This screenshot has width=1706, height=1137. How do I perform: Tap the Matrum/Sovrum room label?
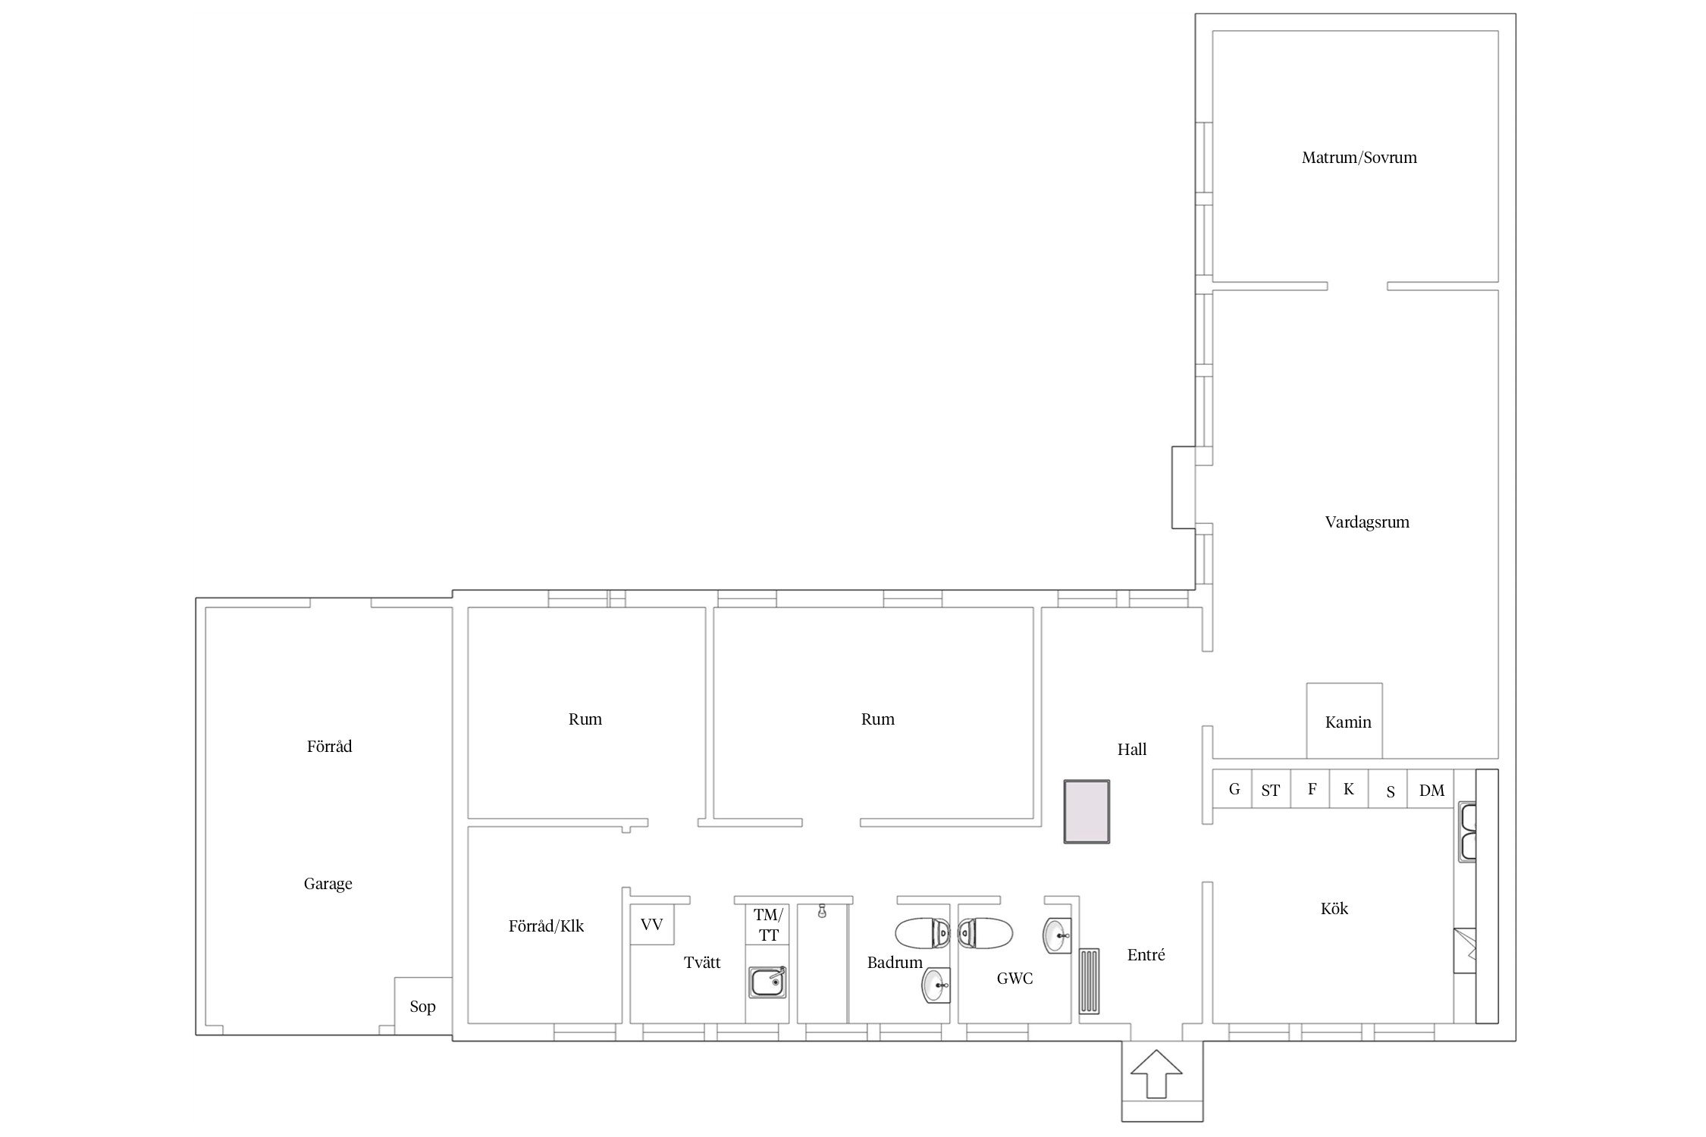pyautogui.click(x=1359, y=158)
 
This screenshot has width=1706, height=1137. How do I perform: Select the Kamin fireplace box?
pyautogui.click(x=1344, y=720)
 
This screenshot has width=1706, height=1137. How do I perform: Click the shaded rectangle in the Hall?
pyautogui.click(x=1087, y=812)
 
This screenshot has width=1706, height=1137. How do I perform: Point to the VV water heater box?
pyautogui.click(x=652, y=924)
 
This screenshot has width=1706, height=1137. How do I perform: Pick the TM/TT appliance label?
pyautogui.click(x=768, y=925)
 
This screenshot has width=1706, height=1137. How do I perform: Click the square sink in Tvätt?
pyautogui.click(x=768, y=983)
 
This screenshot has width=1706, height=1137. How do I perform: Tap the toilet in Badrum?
pyautogui.click(x=922, y=933)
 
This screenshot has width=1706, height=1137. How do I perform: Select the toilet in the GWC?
pyautogui.click(x=985, y=933)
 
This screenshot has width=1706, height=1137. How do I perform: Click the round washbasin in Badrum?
pyautogui.click(x=936, y=986)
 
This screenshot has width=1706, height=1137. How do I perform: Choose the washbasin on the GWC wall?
pyautogui.click(x=1057, y=935)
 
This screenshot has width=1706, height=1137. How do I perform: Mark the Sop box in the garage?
pyautogui.click(x=423, y=1005)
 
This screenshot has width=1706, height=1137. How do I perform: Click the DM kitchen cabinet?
pyautogui.click(x=1432, y=789)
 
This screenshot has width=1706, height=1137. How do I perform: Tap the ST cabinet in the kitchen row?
pyautogui.click(x=1271, y=789)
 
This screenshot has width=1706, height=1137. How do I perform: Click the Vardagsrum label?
pyautogui.click(x=1367, y=522)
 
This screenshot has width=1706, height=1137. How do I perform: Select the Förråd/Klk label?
pyautogui.click(x=546, y=926)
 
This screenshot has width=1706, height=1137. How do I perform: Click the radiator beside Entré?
pyautogui.click(x=1090, y=981)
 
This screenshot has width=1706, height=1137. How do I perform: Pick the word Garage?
pyautogui.click(x=328, y=884)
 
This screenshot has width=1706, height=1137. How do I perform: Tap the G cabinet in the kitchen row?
pyautogui.click(x=1232, y=789)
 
